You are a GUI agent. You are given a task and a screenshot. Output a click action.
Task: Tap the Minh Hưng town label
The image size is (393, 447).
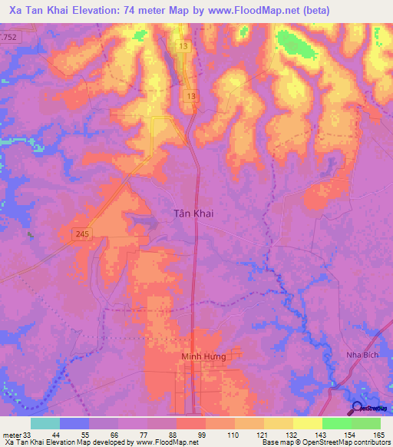[201, 357]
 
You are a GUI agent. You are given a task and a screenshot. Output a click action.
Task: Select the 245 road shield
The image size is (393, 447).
[84, 233]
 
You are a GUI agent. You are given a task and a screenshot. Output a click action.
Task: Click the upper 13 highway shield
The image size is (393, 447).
[183, 47]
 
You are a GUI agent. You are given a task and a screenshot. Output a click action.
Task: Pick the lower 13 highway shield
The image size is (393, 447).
[190, 95]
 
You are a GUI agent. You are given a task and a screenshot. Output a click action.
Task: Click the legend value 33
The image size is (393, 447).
[29, 435]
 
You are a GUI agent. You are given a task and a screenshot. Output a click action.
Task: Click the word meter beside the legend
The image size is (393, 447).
[12, 435]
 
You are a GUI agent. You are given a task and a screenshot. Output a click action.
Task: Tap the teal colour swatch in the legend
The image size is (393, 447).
[45, 423]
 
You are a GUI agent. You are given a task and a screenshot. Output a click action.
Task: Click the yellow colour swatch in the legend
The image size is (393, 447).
[308, 423]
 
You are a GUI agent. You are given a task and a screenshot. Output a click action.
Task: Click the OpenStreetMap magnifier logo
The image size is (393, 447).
[358, 407]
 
